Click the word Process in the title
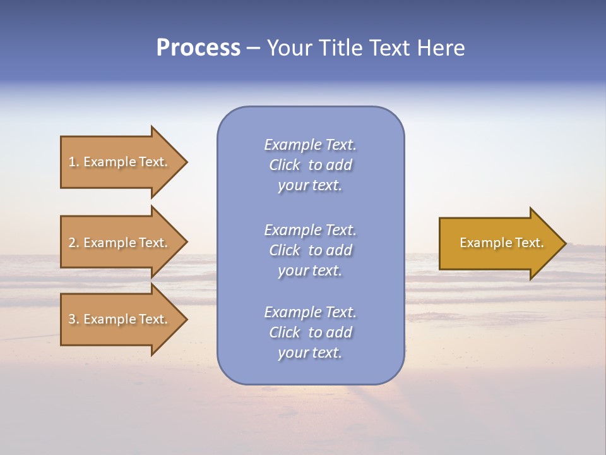tap(198, 48)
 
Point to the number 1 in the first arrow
tap(72, 162)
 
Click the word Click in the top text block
tap(285, 165)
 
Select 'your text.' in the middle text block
tap(310, 270)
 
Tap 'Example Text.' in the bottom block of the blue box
tap(310, 312)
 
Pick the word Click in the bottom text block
tap(285, 332)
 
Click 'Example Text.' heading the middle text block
tap(310, 230)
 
